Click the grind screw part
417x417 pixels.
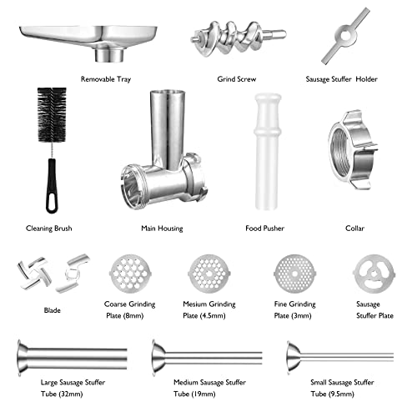pyautogui.click(x=238, y=38)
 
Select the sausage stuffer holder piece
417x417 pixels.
pyautogui.click(x=345, y=36)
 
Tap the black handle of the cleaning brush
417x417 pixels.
pyautogui.click(x=52, y=186)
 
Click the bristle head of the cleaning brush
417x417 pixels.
pyautogui.click(x=52, y=114)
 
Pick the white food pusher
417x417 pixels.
pyautogui.click(x=267, y=152)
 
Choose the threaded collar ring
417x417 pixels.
pyautogui.click(x=353, y=150)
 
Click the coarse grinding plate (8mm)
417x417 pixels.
pyautogui.click(x=130, y=274)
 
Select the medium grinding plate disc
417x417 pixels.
pyautogui.click(x=209, y=274)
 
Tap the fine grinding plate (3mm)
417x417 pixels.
pyautogui.click(x=294, y=274)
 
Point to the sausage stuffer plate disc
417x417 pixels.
pyautogui.click(x=374, y=274)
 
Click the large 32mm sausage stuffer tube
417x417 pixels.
pyautogui.click(x=72, y=358)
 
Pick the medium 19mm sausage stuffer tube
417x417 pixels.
pyautogui.click(x=207, y=358)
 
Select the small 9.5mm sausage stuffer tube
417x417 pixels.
pyautogui.click(x=340, y=357)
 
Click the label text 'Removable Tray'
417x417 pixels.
pyautogui.click(x=106, y=79)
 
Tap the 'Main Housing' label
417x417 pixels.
pyautogui.click(x=162, y=229)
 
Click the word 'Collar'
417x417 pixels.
pyautogui.click(x=354, y=229)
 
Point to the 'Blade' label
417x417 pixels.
pyautogui.click(x=53, y=310)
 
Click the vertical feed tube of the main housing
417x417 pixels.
pyautogui.click(x=167, y=128)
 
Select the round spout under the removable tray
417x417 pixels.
pyautogui.click(x=109, y=55)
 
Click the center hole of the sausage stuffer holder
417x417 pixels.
pyautogui.click(x=345, y=36)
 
